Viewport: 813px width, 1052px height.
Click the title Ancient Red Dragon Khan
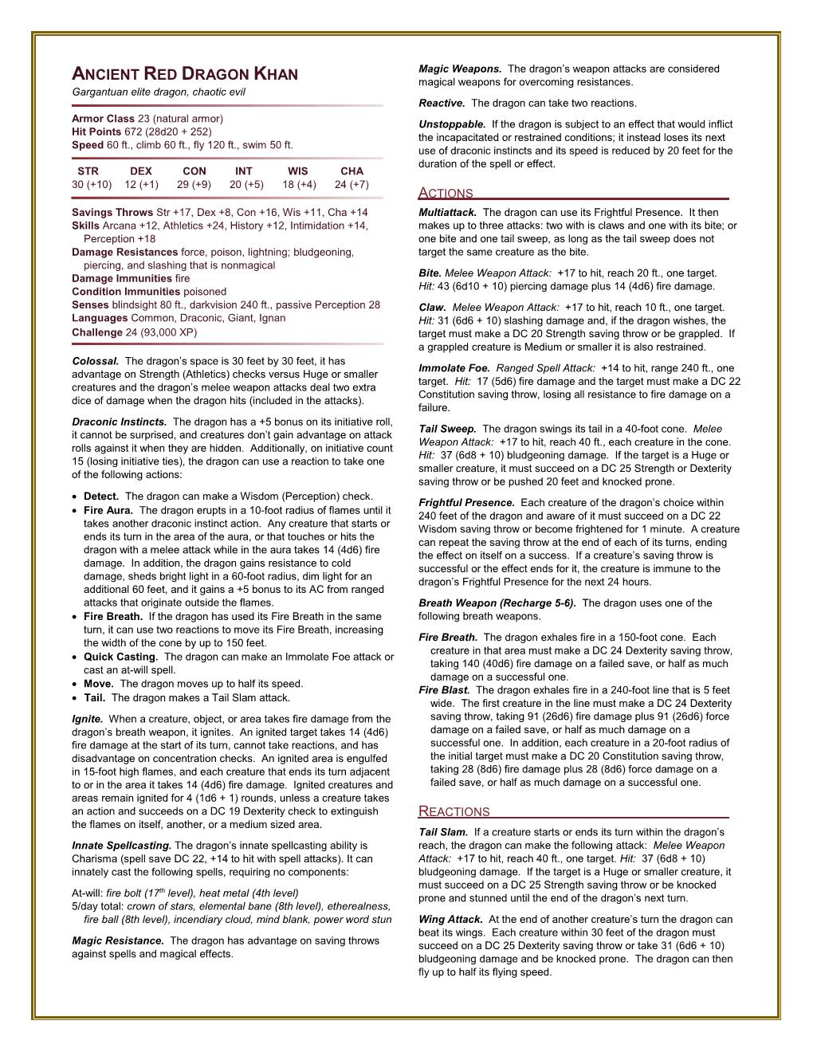(x=185, y=75)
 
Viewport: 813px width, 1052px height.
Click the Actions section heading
(x=446, y=193)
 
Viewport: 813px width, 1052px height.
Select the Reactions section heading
(x=454, y=811)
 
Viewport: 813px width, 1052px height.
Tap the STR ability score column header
(x=88, y=171)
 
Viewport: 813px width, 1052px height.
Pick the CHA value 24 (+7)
(x=352, y=185)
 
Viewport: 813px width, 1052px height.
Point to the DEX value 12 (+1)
(x=141, y=185)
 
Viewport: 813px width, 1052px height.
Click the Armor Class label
(x=104, y=118)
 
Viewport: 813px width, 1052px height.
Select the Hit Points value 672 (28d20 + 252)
(x=167, y=131)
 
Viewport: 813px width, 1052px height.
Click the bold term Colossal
(x=95, y=361)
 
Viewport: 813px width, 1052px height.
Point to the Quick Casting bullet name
(x=120, y=657)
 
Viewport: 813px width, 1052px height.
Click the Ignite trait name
(x=87, y=719)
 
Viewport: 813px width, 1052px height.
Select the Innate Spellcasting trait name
(x=121, y=846)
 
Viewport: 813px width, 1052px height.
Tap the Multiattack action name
(x=447, y=212)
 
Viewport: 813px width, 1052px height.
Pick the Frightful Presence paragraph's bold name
(x=466, y=503)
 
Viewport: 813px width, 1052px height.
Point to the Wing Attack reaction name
(x=451, y=920)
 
